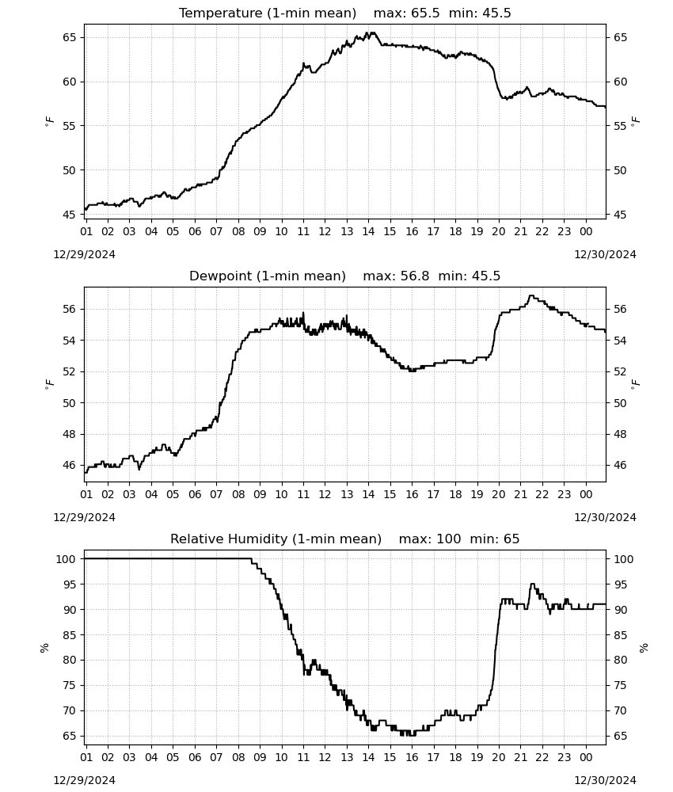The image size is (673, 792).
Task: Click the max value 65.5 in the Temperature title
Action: [x=426, y=13]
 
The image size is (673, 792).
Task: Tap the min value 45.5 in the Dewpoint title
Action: [x=486, y=276]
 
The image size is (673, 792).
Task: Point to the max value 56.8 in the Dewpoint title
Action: [x=415, y=276]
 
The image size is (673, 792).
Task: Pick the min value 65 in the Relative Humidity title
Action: [x=511, y=539]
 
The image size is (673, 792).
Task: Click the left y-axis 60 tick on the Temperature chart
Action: [x=70, y=82]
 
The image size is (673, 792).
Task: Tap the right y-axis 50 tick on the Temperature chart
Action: [x=620, y=170]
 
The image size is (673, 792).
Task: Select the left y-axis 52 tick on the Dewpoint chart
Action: [x=70, y=371]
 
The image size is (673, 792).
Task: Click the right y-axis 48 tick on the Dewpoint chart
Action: [x=620, y=434]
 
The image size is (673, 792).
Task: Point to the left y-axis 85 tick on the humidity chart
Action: [x=70, y=635]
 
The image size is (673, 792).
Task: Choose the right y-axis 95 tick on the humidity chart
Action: [x=620, y=584]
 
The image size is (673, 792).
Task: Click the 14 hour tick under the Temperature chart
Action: [x=368, y=232]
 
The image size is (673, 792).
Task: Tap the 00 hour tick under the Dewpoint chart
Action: [x=586, y=494]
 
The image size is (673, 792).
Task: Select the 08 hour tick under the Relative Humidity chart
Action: [x=238, y=758]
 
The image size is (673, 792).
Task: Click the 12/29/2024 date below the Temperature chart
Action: [x=84, y=254]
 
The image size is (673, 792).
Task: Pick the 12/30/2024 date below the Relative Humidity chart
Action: [x=605, y=780]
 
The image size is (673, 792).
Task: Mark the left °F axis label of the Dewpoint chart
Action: [x=49, y=384]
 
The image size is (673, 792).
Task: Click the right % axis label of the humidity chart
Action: [x=644, y=648]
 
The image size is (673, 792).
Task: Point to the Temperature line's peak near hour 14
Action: [x=373, y=32]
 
